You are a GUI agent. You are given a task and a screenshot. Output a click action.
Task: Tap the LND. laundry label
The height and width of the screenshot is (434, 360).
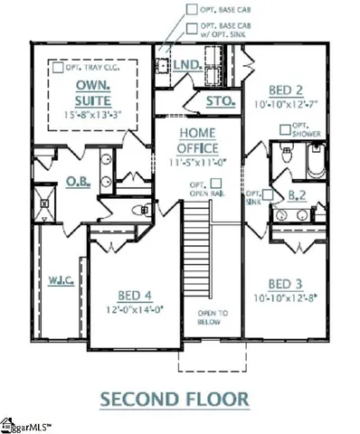point(188,64)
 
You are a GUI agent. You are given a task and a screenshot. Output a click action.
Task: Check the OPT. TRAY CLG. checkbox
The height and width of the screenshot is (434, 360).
point(57,67)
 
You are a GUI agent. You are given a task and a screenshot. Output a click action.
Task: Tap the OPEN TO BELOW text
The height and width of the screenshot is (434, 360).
point(208,317)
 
